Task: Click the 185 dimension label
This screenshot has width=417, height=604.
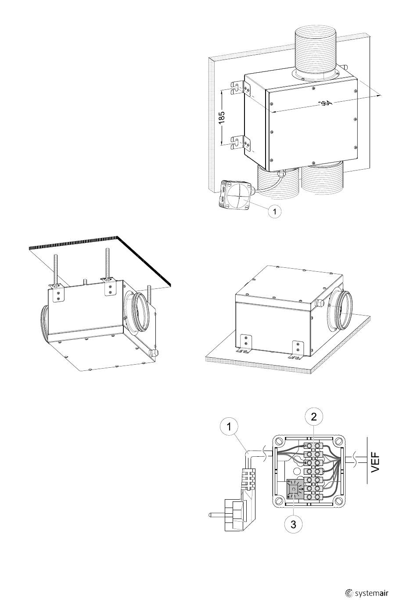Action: click(222, 117)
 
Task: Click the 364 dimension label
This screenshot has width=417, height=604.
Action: click(325, 103)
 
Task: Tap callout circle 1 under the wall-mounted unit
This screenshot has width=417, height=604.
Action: click(274, 212)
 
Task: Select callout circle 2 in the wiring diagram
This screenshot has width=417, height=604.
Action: click(313, 417)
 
